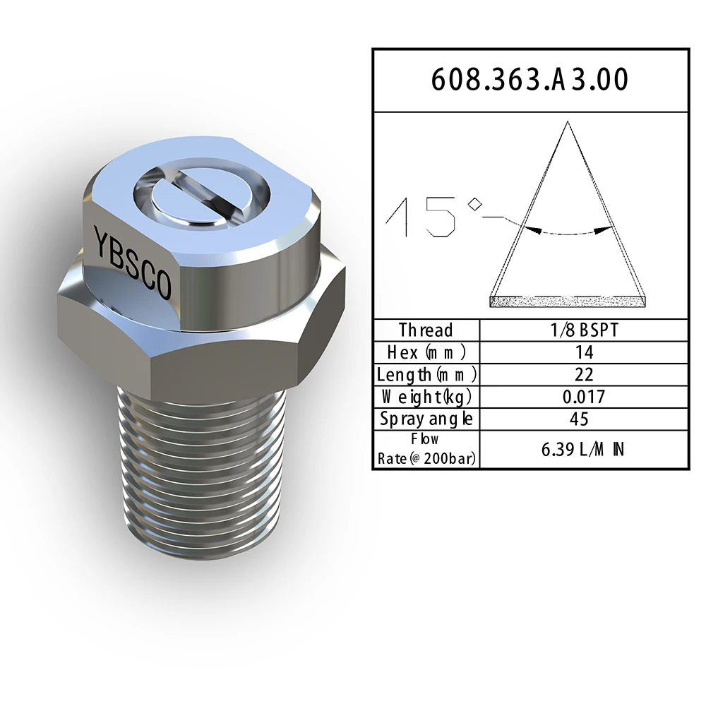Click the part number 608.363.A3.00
(529, 80)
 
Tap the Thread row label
(426, 330)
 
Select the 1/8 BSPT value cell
(585, 330)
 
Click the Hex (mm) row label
(426, 352)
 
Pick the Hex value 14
(585, 352)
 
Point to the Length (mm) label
(426, 375)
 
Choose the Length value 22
(585, 375)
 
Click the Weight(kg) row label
(426, 397)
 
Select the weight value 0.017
(584, 397)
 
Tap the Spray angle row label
(426, 419)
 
